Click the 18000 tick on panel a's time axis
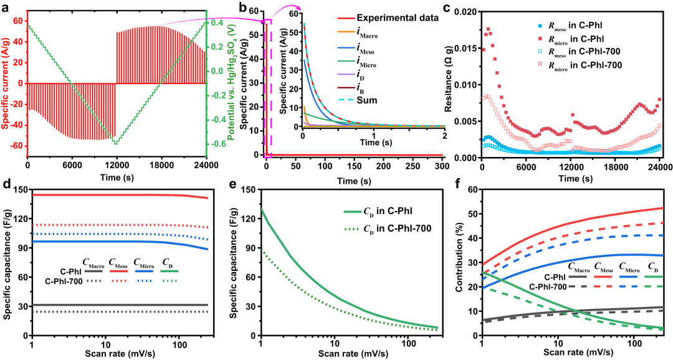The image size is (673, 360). [x=162, y=165]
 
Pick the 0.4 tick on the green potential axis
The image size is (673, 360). [x=217, y=22]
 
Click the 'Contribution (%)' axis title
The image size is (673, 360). [x=460, y=261]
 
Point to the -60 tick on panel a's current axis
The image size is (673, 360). [x=16, y=146]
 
